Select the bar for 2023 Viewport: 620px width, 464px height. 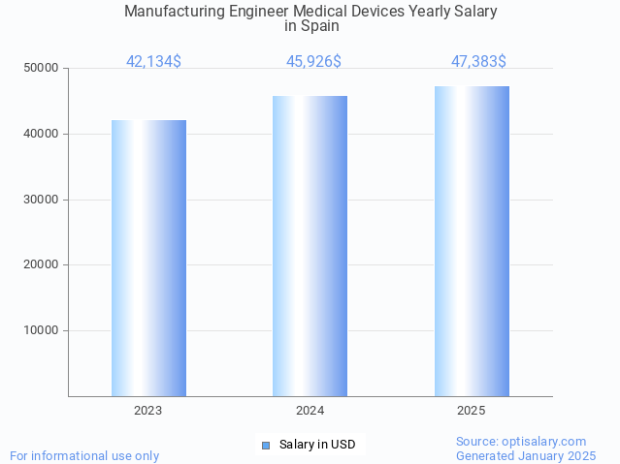(x=148, y=258)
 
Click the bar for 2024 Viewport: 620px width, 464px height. (x=310, y=246)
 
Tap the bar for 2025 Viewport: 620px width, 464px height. (x=472, y=241)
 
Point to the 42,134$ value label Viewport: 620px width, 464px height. (x=153, y=62)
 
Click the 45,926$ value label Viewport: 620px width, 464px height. (x=313, y=62)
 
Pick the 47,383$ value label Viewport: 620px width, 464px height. (x=478, y=62)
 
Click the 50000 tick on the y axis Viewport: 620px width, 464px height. (x=42, y=69)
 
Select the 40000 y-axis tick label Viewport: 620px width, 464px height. (x=42, y=134)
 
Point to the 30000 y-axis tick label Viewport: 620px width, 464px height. (x=42, y=200)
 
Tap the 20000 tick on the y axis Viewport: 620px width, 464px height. (x=42, y=264)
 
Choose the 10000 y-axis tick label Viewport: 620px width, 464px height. (x=42, y=330)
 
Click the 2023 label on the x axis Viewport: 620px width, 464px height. (x=148, y=411)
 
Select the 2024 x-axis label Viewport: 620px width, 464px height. (x=310, y=411)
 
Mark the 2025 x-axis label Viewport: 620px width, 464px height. (x=472, y=411)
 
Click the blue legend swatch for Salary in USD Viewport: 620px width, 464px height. (x=266, y=446)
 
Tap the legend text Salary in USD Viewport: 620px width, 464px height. (x=317, y=446)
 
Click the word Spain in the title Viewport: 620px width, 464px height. (x=319, y=26)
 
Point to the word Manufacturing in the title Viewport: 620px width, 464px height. (x=173, y=12)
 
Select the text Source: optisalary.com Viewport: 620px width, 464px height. (x=521, y=442)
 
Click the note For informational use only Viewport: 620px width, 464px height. (x=84, y=455)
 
